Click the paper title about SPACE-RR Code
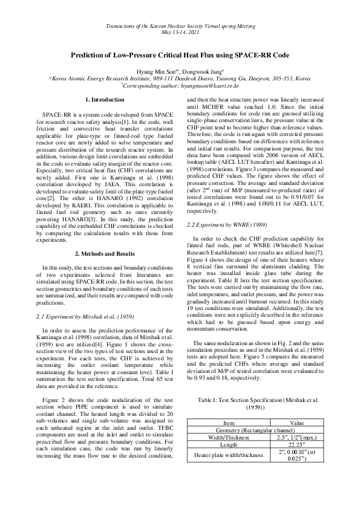click(x=180, y=54)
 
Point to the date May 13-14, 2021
click(x=180, y=31)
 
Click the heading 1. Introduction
click(x=104, y=99)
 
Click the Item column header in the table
click(x=229, y=423)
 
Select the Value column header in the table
click(x=297, y=423)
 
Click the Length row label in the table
click(x=229, y=444)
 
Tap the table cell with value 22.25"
click(x=297, y=444)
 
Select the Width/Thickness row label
click(x=229, y=436)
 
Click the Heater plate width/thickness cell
click(x=229, y=455)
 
